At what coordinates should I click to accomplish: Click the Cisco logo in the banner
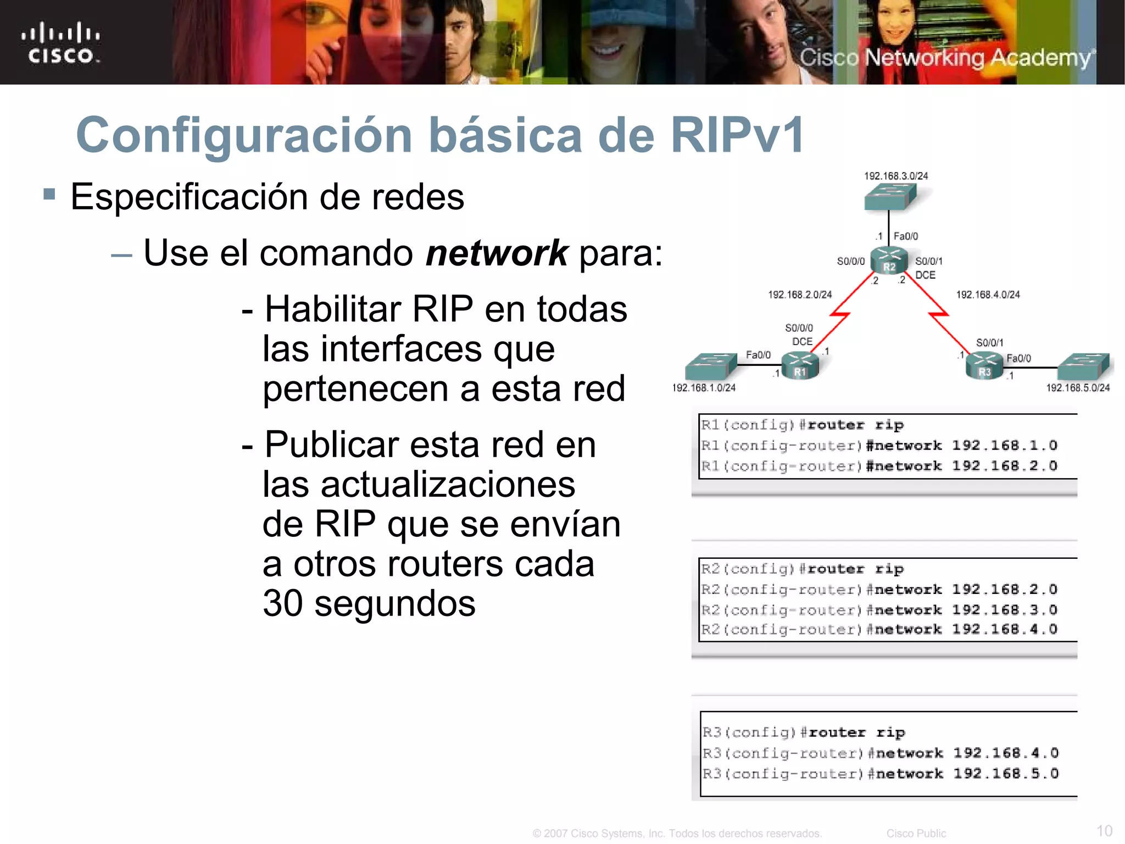[60, 43]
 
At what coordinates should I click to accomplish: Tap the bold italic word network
[497, 253]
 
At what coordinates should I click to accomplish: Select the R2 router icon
[889, 260]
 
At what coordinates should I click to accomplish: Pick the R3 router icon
[984, 365]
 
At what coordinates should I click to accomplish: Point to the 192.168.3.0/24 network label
[896, 176]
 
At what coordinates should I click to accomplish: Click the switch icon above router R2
[890, 196]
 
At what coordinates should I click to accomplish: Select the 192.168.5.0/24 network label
[1078, 388]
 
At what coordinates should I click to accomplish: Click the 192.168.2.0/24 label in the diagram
[800, 295]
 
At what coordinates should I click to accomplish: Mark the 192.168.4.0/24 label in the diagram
[988, 295]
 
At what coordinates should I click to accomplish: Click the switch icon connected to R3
[1083, 366]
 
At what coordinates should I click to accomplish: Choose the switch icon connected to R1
[711, 367]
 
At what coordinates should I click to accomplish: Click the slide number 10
[1104, 830]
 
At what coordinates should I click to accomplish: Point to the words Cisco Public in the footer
[916, 834]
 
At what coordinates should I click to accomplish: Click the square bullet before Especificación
[49, 194]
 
